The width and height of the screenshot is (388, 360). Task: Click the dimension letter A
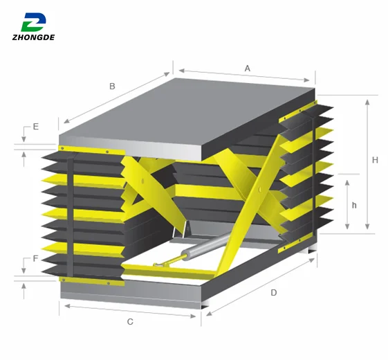(247, 68)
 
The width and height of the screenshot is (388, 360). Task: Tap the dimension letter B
(112, 87)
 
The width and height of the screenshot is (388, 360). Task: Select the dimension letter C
(130, 322)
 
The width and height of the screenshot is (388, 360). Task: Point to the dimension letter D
(274, 292)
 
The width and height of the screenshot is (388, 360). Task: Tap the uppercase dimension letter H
(375, 160)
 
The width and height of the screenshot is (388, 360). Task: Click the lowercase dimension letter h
(354, 205)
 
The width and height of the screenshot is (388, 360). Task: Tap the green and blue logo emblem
(33, 21)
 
